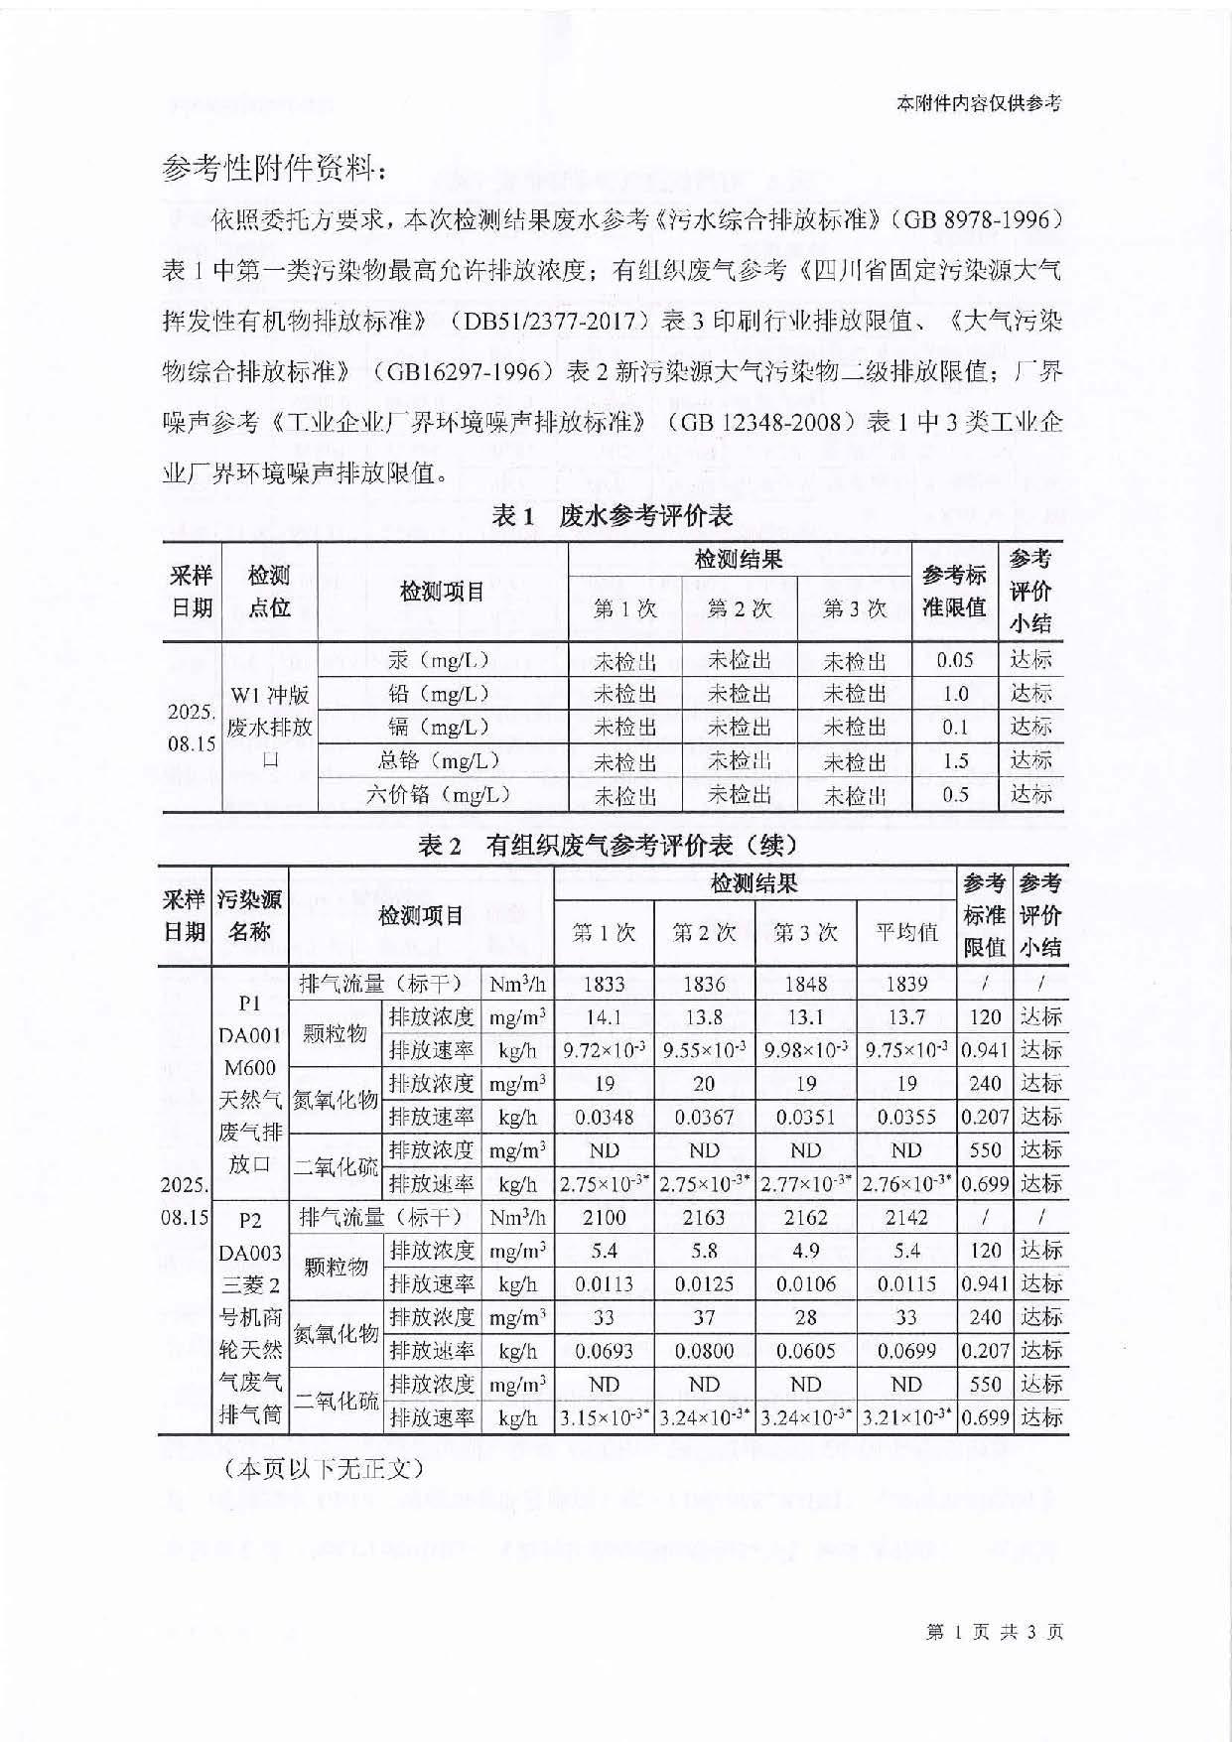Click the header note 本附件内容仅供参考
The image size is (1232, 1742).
pos(978,103)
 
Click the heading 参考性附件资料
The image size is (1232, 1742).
pos(274,170)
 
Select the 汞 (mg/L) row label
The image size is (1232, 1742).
pos(440,660)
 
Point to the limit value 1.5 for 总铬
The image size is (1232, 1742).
pos(954,761)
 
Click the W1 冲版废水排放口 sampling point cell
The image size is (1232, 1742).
pos(269,727)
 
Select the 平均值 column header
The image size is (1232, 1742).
pos(905,932)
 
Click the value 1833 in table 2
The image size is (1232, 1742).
pos(604,984)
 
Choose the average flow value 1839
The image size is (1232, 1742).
pos(905,984)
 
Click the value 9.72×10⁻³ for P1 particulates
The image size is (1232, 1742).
pos(604,1050)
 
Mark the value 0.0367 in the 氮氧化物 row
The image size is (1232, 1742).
pos(704,1117)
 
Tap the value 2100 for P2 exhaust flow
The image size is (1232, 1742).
pos(604,1217)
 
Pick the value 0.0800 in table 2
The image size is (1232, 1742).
pos(704,1351)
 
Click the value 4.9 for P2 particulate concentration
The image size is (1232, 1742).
pos(805,1251)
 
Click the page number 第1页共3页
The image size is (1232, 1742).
pos(993,1631)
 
